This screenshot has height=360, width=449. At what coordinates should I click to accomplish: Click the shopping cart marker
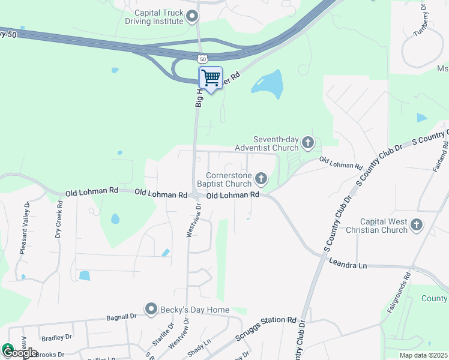pyautogui.click(x=210, y=78)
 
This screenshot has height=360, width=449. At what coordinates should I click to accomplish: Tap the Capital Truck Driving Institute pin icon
pyautogui.click(x=192, y=16)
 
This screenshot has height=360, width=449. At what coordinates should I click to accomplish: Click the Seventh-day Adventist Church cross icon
pyautogui.click(x=308, y=142)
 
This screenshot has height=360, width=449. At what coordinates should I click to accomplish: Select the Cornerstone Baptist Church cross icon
pyautogui.click(x=261, y=178)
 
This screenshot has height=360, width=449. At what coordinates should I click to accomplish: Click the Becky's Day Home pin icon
pyautogui.click(x=151, y=310)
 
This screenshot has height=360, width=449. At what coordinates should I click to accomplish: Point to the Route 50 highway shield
pyautogui.click(x=202, y=58)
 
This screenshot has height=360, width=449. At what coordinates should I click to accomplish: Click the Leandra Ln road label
pyautogui.click(x=348, y=263)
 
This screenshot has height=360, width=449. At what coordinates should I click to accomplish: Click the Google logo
pyautogui.click(x=19, y=352)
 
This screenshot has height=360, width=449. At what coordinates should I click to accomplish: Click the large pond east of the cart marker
pyautogui.click(x=268, y=84)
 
